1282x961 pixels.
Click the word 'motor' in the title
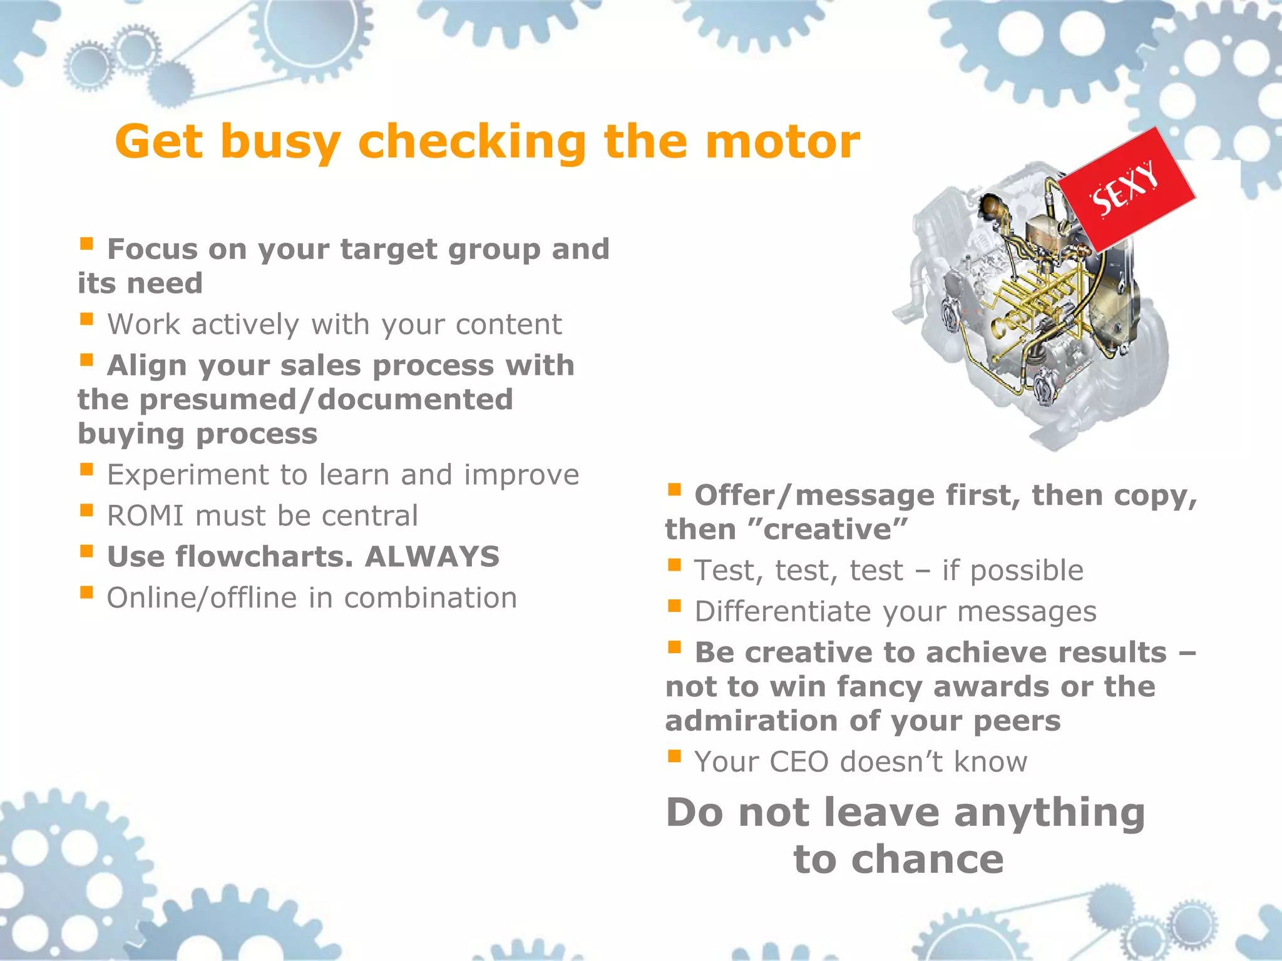782,142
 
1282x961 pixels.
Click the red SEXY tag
1126,191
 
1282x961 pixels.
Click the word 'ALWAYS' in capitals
432,557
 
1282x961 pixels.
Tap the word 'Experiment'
188,475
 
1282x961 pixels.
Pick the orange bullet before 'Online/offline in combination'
86,592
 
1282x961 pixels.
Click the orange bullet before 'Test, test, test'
674,565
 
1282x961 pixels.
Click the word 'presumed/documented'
326,400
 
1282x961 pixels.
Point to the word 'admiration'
751,721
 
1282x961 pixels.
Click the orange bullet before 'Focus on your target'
86,243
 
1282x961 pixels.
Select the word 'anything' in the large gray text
1050,813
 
